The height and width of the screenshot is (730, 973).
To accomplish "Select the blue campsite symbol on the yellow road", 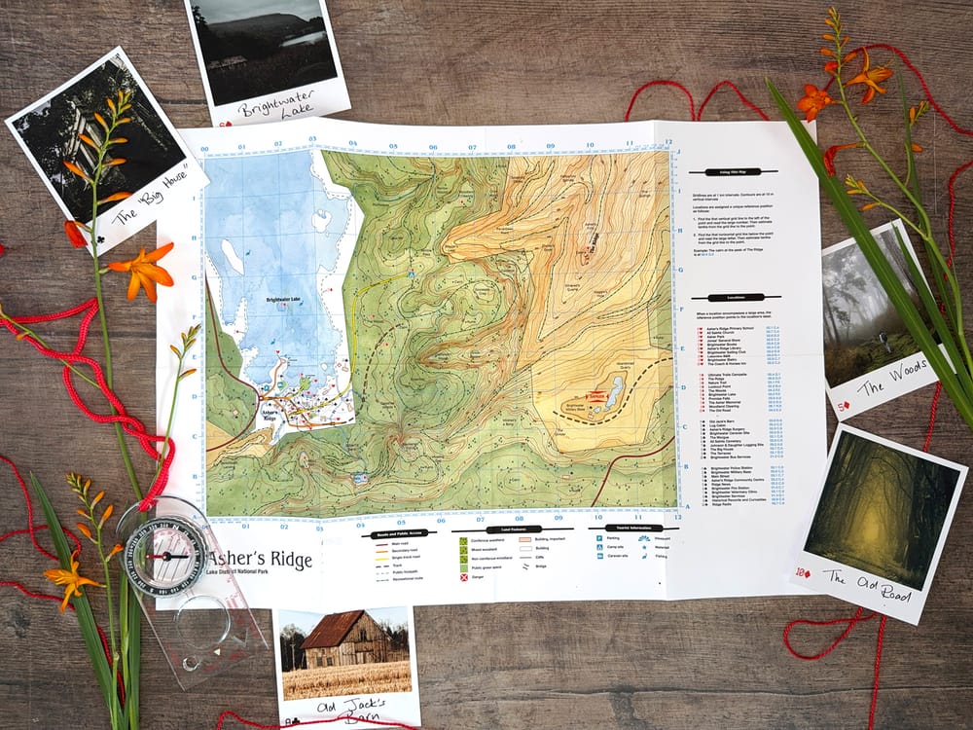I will (x=411, y=275).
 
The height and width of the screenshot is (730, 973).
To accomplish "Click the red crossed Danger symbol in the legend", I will (x=463, y=578).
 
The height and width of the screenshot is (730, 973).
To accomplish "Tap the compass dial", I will (x=164, y=556).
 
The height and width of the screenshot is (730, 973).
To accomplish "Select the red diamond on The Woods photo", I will (x=845, y=401).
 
